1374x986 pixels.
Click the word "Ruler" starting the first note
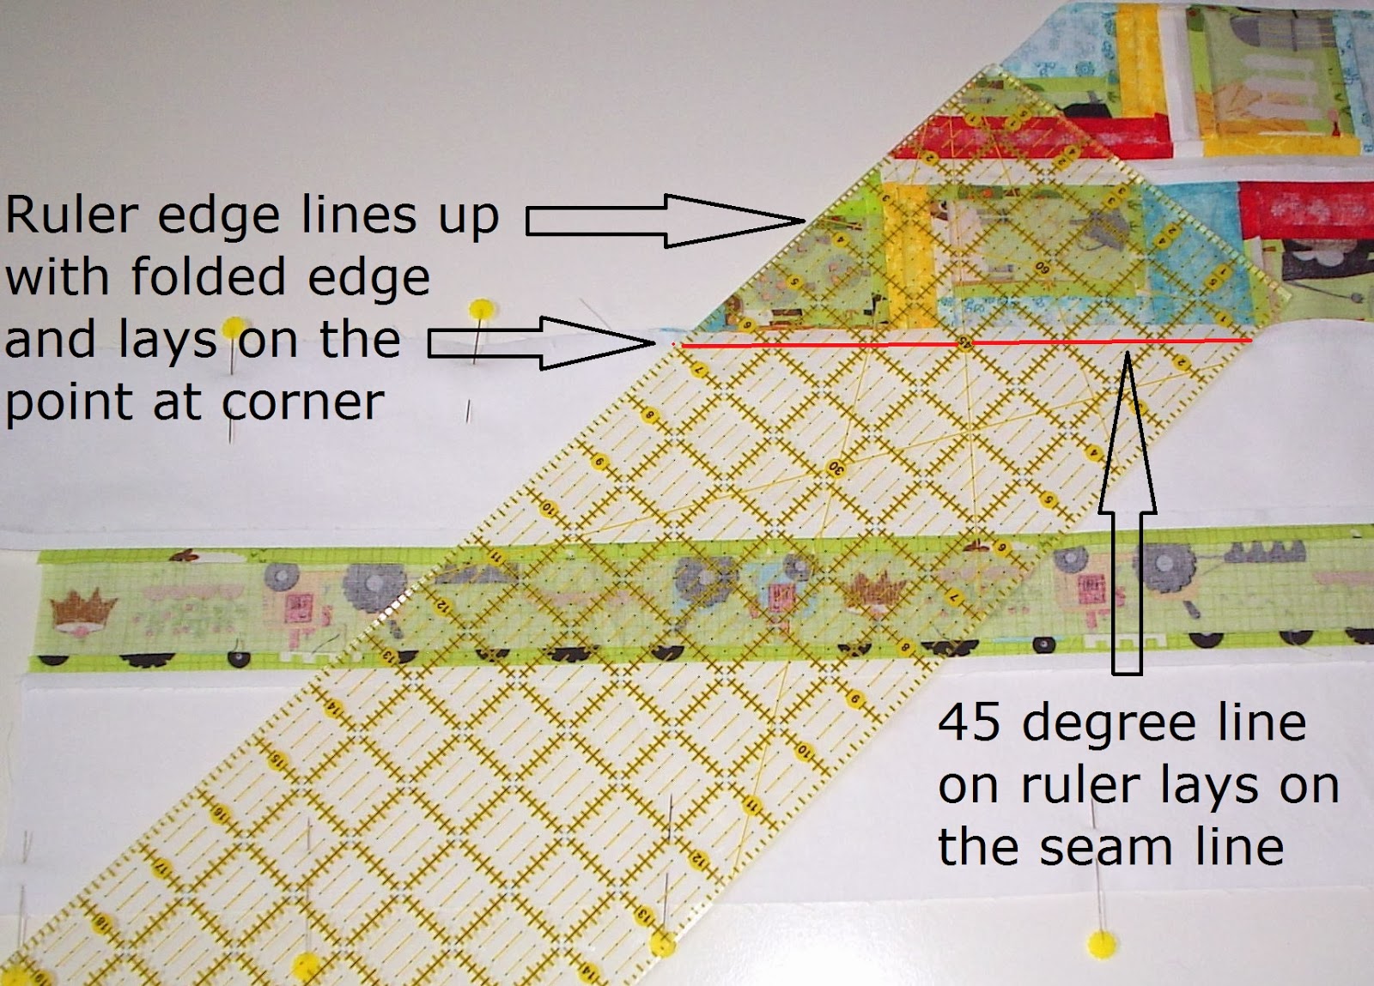pyautogui.click(x=71, y=215)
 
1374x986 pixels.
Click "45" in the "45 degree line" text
pyautogui.click(x=970, y=723)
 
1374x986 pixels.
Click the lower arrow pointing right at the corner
pyautogui.click(x=541, y=343)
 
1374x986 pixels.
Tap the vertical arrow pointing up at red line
pyautogui.click(x=1128, y=515)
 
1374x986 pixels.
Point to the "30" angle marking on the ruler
pyautogui.click(x=836, y=467)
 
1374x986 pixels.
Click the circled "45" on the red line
pyautogui.click(x=964, y=342)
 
